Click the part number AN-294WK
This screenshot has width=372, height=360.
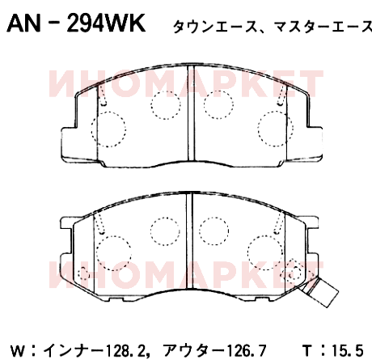coord(76,23)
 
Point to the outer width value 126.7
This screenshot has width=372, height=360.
coord(246,350)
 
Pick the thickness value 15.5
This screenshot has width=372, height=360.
coord(348,350)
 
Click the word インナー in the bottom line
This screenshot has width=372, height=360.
coord(74,350)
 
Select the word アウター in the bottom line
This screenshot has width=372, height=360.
coord(194,350)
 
